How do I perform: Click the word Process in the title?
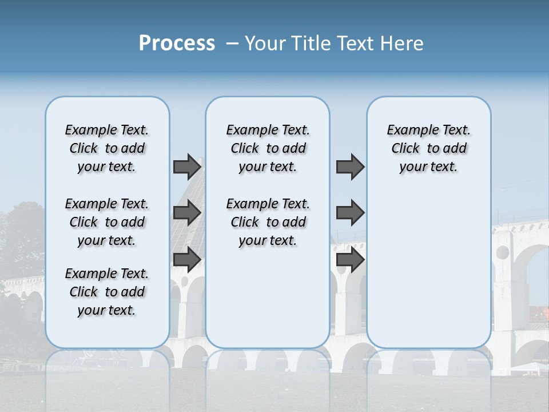click(x=177, y=43)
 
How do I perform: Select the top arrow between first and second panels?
click(x=187, y=167)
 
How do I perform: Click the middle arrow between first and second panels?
click(x=187, y=213)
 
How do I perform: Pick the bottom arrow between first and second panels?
click(x=187, y=260)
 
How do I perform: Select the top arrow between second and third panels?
click(x=350, y=167)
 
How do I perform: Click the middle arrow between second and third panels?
click(x=350, y=213)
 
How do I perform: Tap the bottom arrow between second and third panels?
click(x=350, y=260)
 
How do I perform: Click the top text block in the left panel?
click(x=107, y=148)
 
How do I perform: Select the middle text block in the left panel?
click(x=107, y=222)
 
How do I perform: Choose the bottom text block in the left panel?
click(x=107, y=292)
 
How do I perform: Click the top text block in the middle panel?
click(x=268, y=148)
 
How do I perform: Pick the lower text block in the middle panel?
click(x=268, y=222)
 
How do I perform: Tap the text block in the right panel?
click(x=428, y=148)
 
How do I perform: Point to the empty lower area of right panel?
click(x=428, y=269)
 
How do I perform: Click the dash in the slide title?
click(x=232, y=43)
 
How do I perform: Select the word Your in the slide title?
click(x=264, y=43)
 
